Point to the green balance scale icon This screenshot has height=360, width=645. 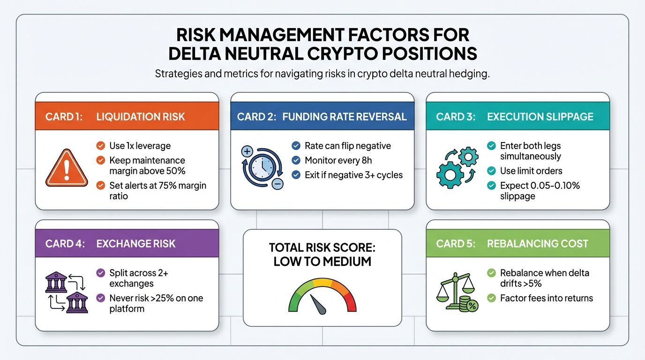click(457, 291)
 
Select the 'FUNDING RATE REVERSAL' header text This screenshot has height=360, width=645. click(345, 117)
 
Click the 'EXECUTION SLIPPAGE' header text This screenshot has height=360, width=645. click(540, 117)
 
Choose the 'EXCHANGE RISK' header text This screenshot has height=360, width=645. click(136, 244)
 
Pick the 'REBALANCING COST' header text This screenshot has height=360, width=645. click(538, 244)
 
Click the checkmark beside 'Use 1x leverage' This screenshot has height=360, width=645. click(100, 146)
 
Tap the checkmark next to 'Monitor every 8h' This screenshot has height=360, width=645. click(296, 160)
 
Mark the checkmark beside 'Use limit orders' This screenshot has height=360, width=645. click(491, 171)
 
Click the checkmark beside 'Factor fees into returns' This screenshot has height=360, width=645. click(491, 298)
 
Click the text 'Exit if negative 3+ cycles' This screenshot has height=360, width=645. click(353, 175)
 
